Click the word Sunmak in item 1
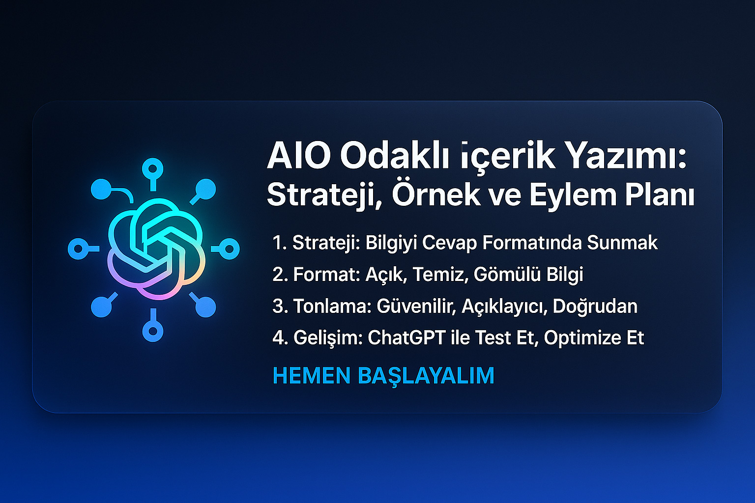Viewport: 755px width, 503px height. [622, 242]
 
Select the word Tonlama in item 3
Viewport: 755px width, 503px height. [332, 306]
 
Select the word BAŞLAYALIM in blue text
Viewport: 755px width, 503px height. [426, 376]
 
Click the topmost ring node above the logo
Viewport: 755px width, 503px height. [153, 168]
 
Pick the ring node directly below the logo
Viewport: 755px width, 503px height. [153, 331]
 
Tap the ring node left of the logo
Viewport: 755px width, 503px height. [78, 249]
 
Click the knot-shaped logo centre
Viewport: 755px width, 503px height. [156, 249]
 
